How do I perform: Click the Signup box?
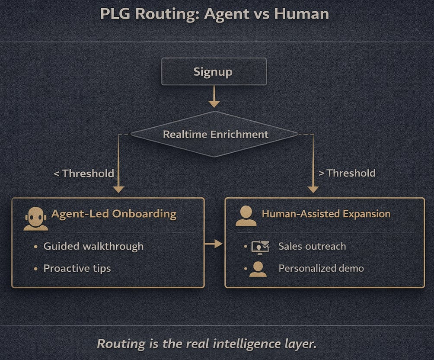pos(214,71)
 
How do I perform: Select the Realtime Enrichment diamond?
pos(215,134)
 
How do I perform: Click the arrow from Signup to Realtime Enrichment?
pos(214,96)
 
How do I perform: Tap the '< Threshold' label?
pos(84,174)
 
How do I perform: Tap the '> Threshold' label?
pos(347,173)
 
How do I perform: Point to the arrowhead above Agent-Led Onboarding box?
pos(118,189)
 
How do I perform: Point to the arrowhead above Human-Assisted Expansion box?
pos(313,189)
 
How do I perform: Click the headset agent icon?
pos(35,219)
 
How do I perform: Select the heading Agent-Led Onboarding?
pos(114,214)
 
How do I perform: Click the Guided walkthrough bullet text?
pos(93,246)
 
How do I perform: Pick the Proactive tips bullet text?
pos(77,268)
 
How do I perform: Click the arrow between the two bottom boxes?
pos(214,244)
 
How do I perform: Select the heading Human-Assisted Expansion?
pos(326,214)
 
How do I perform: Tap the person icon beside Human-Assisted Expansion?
pos(246,215)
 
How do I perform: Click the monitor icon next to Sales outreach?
pos(260,247)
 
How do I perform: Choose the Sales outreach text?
pos(312,247)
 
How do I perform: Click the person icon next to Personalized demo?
pos(258,269)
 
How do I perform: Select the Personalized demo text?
pos(321,268)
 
